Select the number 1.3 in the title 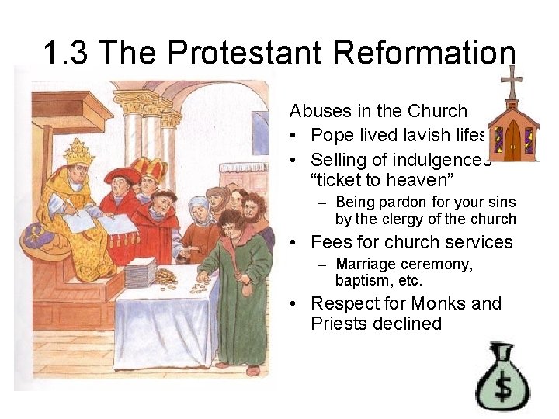[x=68, y=54]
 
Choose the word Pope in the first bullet [x=333, y=136]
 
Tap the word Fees [x=331, y=242]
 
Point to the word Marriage [x=366, y=265]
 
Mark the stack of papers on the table [x=141, y=271]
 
